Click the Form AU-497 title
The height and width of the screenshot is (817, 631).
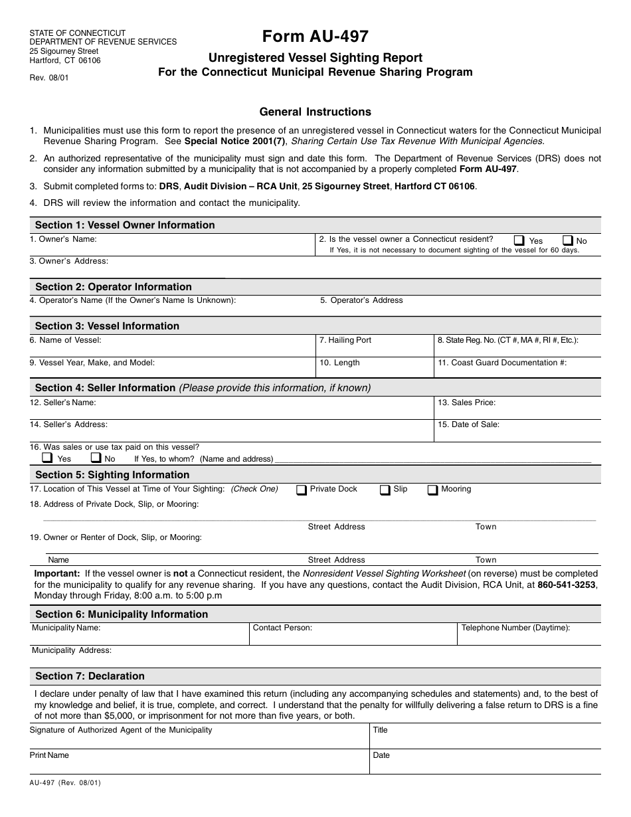coord(315,37)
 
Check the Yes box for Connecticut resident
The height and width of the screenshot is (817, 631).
coord(519,240)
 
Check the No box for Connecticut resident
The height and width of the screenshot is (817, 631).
coord(568,240)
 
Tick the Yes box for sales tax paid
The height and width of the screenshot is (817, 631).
coord(47,458)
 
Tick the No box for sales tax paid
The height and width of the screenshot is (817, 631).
coord(96,458)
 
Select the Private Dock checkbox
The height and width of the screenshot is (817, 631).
coord(302,490)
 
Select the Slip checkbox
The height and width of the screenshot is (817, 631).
coord(385,490)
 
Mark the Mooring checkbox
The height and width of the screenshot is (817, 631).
coord(432,490)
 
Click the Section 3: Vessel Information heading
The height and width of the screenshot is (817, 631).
coord(107,326)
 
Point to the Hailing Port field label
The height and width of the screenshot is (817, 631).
coord(345,340)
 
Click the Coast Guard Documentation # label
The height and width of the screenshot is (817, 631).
coord(501,363)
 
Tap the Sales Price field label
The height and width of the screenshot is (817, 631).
coord(466,403)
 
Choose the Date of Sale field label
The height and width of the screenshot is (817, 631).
coord(468,424)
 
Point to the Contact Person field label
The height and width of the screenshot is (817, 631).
coord(282,628)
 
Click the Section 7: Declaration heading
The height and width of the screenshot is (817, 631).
coord(90,676)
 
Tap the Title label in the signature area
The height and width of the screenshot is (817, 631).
coord(380,730)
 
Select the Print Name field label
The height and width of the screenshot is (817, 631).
coord(49,755)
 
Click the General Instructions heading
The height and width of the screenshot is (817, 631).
coord(315,112)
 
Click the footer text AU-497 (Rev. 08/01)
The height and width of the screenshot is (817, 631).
coord(65,783)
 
